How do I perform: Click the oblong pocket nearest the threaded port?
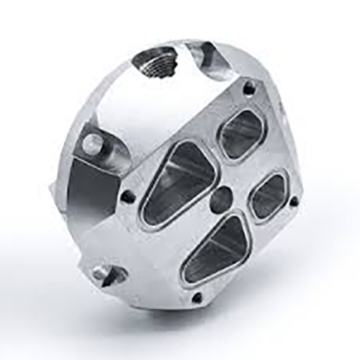[x=242, y=134]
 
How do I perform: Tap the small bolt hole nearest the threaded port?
[x=249, y=89]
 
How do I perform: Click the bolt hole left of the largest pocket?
[x=127, y=195]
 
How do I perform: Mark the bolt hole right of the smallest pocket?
[x=294, y=202]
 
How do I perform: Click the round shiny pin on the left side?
[x=91, y=143]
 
